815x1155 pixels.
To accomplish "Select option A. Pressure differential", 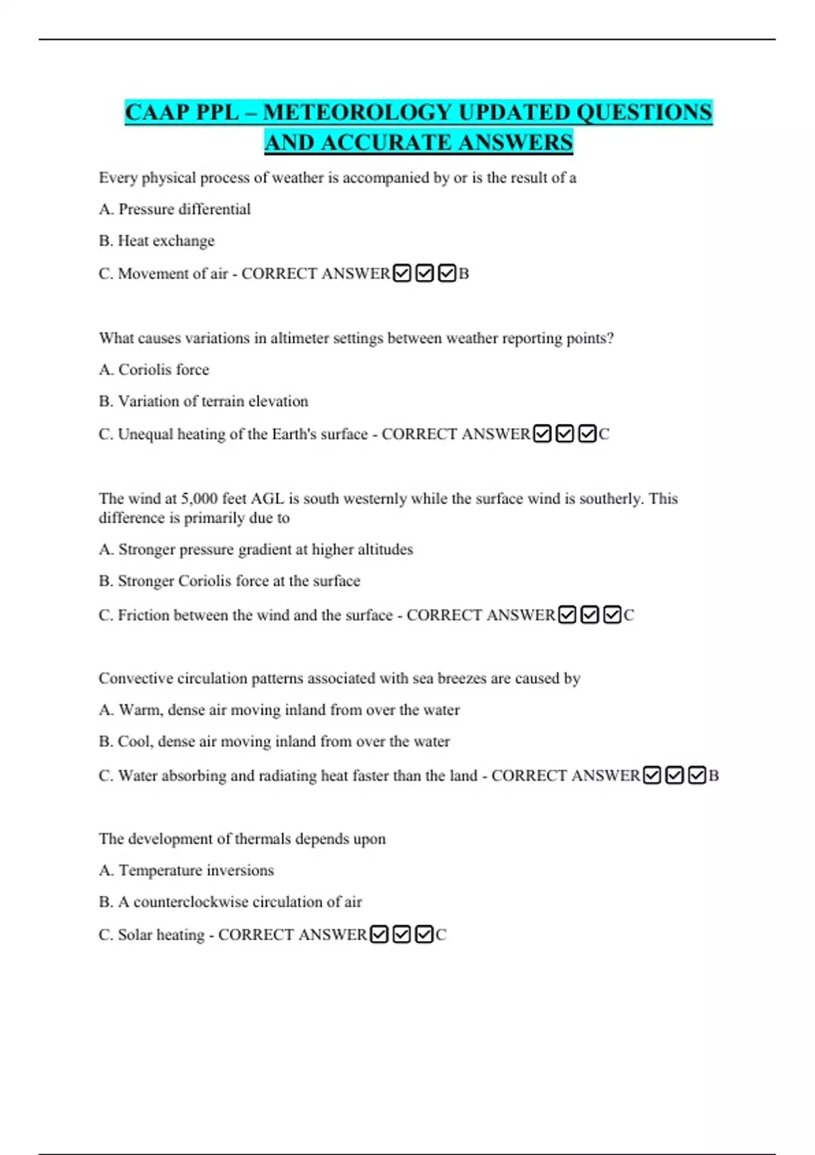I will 175,209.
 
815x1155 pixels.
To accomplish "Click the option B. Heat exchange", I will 156,241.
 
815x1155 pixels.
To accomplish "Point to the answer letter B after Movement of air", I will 464,274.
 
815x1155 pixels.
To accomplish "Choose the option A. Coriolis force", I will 154,370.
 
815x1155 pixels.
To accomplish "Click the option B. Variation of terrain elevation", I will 203,402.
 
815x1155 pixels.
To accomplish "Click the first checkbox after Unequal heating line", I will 542,433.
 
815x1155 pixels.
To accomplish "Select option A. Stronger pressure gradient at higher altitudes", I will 255,550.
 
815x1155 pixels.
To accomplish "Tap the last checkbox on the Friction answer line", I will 612,616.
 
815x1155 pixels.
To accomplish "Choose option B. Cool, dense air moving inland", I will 274,742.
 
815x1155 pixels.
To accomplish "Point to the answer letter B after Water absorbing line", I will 713,776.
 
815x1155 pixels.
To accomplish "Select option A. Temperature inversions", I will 186,870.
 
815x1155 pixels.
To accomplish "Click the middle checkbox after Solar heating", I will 401,935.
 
